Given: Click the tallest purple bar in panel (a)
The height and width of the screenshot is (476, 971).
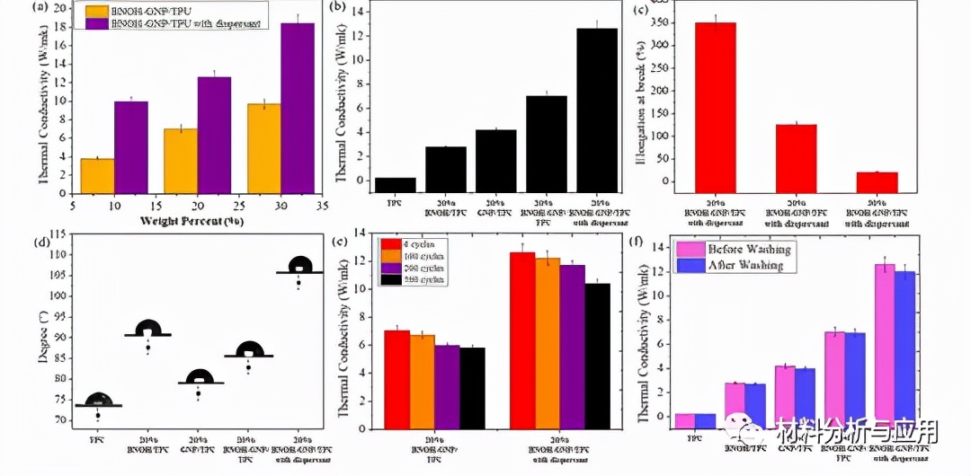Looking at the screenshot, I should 298,108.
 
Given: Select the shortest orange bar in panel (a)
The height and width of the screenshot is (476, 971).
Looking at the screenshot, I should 97,175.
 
